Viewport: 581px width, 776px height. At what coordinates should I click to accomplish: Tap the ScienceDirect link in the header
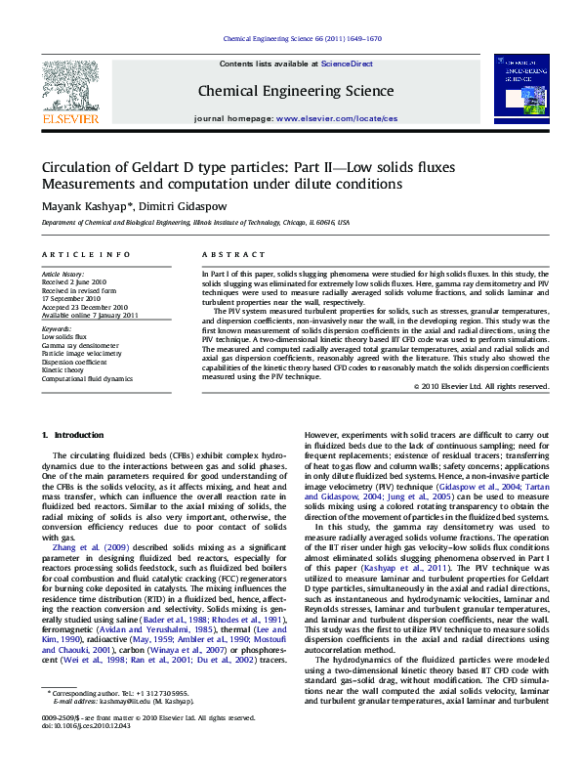pyautogui.click(x=348, y=63)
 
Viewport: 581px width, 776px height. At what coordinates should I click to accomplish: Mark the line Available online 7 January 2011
pyautogui.click(x=90, y=315)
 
